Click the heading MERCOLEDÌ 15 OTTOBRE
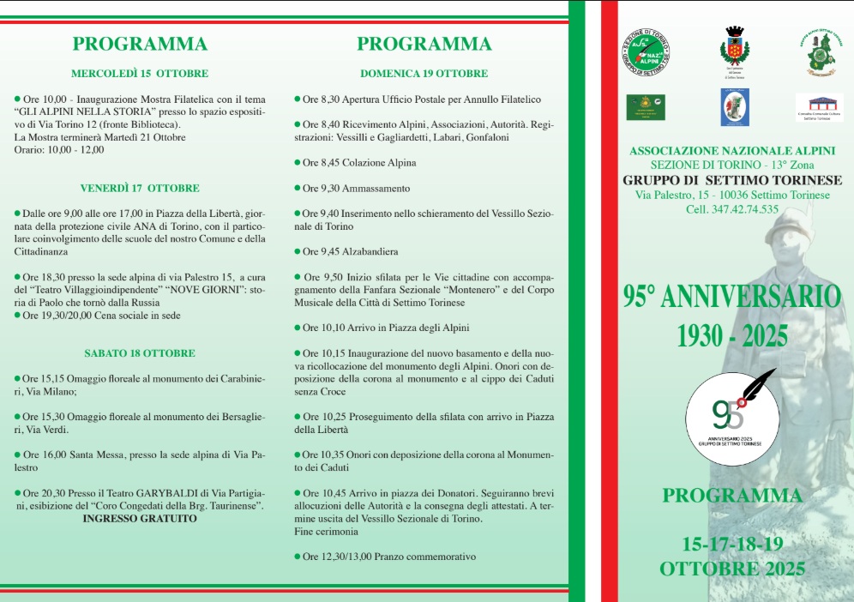click(140, 74)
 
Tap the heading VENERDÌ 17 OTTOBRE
click(140, 188)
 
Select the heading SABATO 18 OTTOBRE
click(140, 352)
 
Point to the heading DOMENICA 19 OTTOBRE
click(424, 74)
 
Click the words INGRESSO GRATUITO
click(140, 519)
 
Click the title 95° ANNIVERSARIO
click(731, 297)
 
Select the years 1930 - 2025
click(731, 334)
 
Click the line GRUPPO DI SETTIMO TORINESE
click(731, 180)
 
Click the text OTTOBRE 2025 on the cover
click(731, 569)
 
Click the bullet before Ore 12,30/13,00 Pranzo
click(297, 557)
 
